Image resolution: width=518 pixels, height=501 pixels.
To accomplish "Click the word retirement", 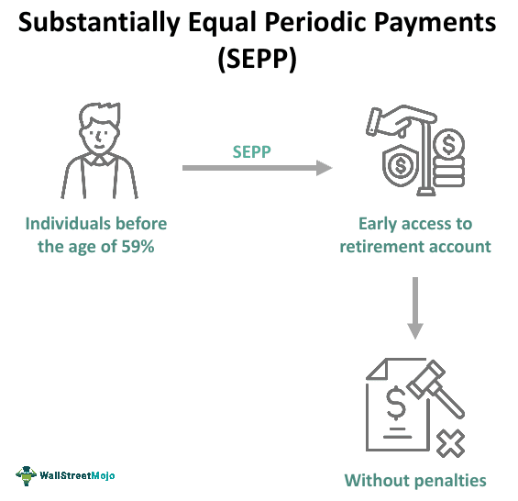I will pos(383,246).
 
